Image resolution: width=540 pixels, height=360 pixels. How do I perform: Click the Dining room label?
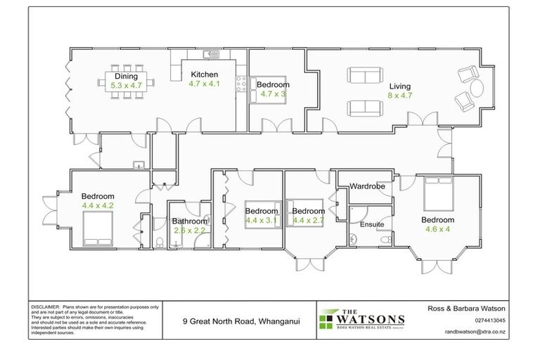click(127, 77)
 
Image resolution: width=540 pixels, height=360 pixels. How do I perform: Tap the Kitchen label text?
click(203, 75)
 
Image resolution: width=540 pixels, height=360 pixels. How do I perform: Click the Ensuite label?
click(372, 225)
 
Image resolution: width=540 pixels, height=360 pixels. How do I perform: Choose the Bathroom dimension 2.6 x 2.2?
click(189, 230)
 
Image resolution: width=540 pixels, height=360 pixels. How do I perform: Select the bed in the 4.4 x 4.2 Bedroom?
click(97, 224)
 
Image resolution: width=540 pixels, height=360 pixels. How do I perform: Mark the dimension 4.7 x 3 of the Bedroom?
click(273, 93)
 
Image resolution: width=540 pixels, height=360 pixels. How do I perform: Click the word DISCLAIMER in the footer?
click(45, 308)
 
